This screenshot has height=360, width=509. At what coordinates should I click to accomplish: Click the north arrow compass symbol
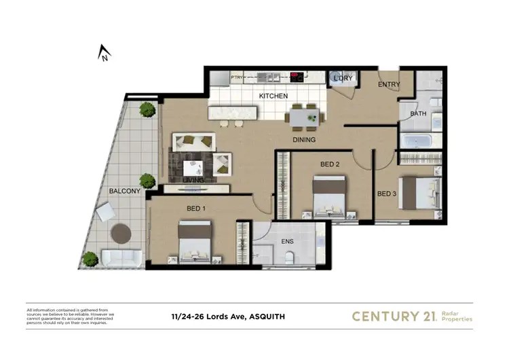click(104, 53)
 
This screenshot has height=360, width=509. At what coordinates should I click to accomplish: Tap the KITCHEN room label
click(273, 96)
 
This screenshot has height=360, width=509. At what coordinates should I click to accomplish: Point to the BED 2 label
click(329, 164)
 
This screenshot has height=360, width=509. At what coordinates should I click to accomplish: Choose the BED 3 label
click(386, 194)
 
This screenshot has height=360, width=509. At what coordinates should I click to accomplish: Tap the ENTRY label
click(389, 85)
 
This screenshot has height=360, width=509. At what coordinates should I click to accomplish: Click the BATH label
click(418, 113)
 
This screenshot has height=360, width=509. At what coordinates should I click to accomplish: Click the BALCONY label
click(124, 192)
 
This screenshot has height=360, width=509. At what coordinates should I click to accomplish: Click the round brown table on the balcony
click(121, 233)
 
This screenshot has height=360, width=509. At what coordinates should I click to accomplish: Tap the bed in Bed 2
click(329, 194)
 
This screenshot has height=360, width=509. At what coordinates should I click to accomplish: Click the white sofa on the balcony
click(121, 258)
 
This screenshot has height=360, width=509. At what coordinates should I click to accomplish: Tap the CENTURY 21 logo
click(396, 316)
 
